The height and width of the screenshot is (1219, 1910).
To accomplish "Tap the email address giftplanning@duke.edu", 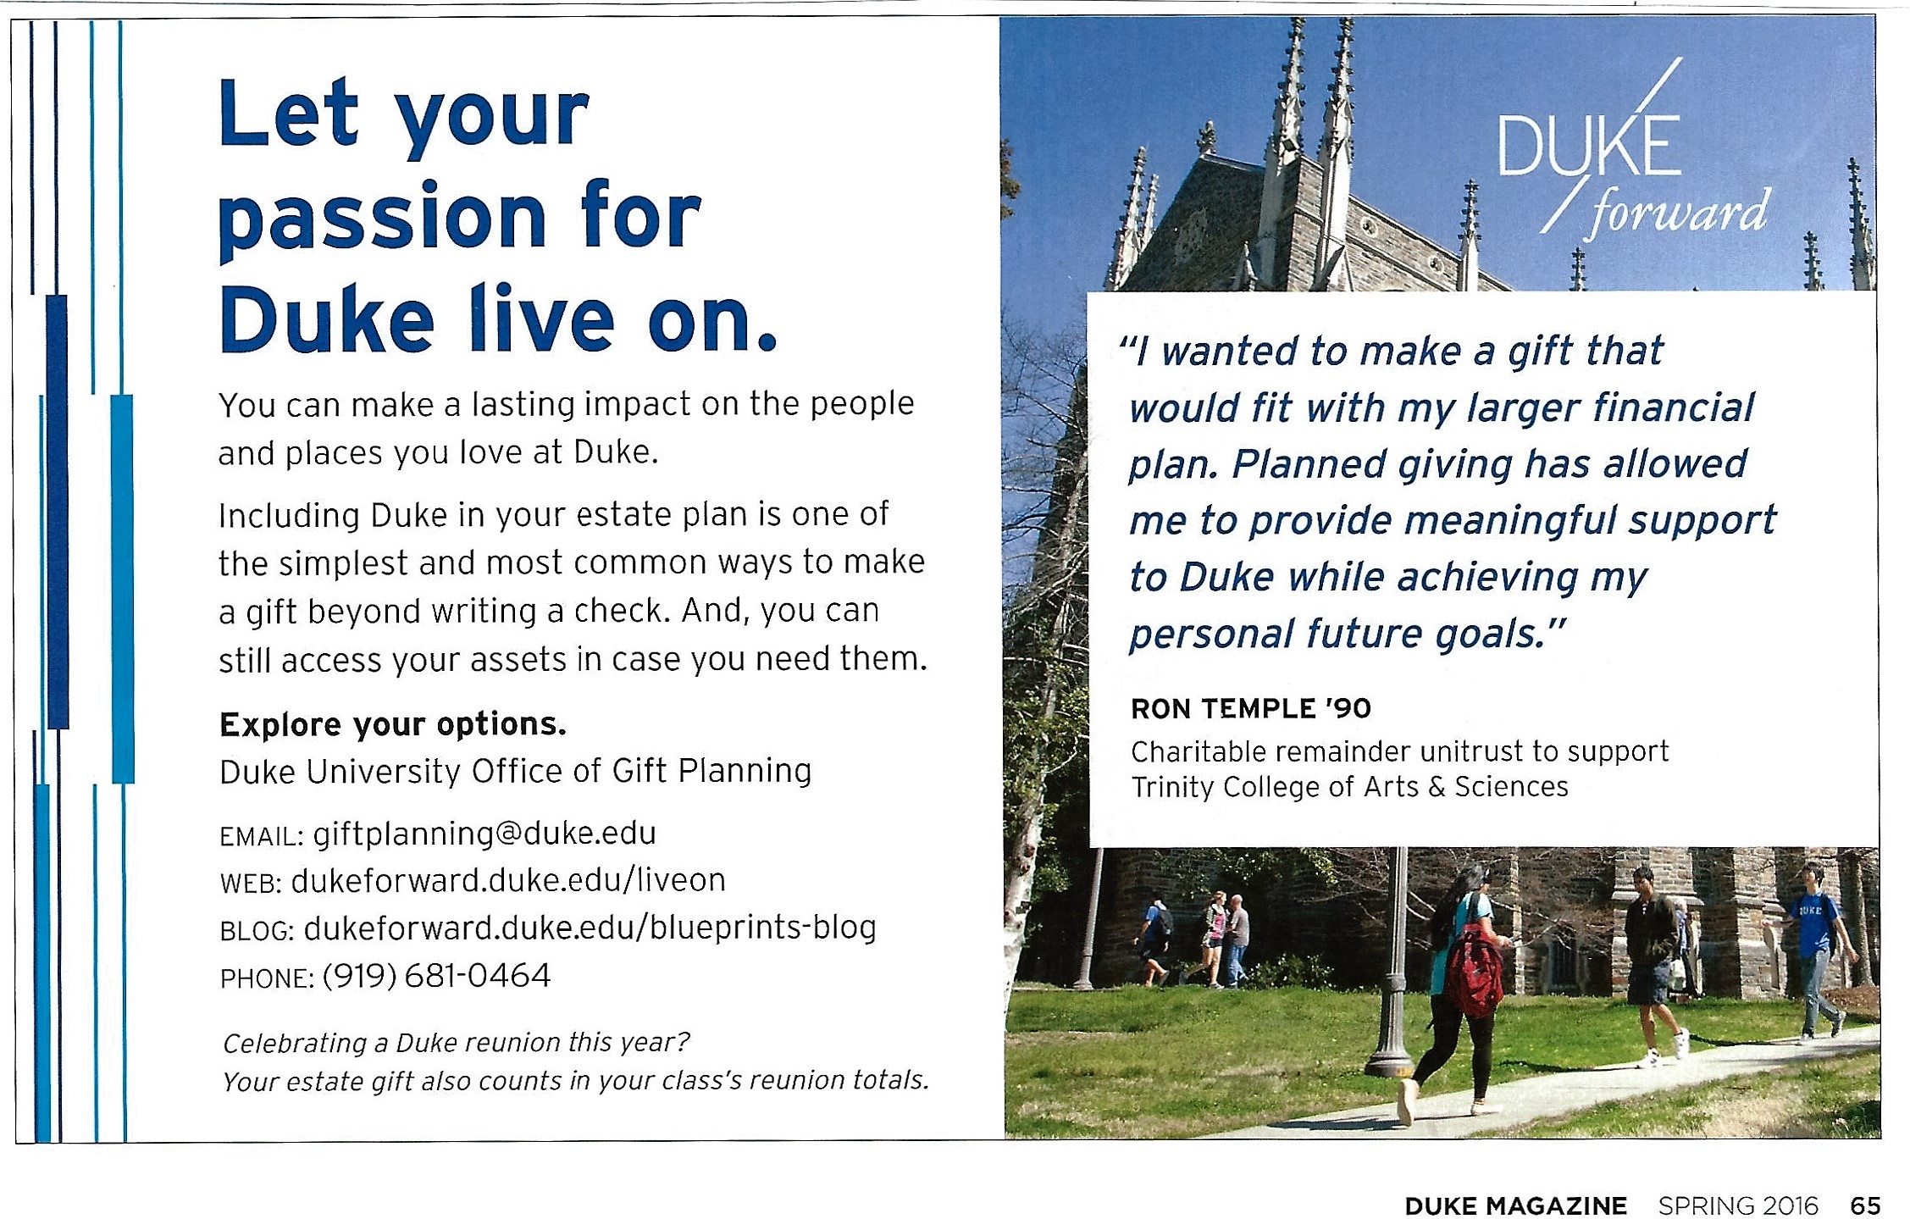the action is (484, 834).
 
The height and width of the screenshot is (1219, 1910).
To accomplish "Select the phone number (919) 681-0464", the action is (437, 976).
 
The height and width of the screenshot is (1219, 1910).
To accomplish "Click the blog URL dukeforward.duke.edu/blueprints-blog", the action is (590, 928).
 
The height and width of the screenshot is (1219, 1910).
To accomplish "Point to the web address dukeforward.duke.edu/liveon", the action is (508, 881).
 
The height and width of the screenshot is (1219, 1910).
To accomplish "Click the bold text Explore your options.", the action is (393, 724).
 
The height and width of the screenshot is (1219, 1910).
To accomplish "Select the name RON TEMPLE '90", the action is (1251, 708).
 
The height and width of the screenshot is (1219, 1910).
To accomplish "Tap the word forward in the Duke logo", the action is (1678, 211).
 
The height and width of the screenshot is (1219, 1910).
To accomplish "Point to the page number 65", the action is (1866, 1205).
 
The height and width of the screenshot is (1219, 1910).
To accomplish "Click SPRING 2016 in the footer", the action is (1738, 1205).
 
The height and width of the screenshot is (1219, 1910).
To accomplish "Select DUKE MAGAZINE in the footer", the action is (1516, 1205).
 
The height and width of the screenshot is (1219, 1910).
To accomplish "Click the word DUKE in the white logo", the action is (1590, 147).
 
